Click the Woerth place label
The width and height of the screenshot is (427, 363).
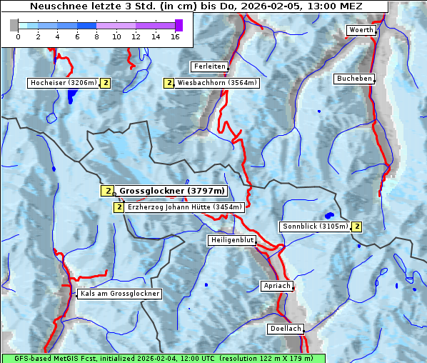coord(360,30)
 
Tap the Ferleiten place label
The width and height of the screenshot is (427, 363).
coord(209,66)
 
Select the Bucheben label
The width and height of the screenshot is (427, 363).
coord(354,79)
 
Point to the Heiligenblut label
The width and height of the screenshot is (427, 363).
coord(232,240)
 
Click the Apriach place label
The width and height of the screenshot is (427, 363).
coord(276,286)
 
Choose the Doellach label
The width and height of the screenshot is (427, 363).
coord(285,329)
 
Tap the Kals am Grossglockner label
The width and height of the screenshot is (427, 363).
coord(119,294)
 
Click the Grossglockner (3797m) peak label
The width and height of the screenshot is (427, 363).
coord(172,191)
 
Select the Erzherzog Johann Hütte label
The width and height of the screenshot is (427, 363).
coord(185,207)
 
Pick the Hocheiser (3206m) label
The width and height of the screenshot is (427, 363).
coord(63,83)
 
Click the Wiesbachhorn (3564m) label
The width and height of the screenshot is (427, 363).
coord(217,83)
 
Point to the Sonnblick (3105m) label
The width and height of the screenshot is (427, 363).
coord(315,227)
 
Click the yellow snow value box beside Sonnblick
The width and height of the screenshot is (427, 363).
coord(357,227)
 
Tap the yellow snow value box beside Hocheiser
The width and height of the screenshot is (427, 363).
coord(106,83)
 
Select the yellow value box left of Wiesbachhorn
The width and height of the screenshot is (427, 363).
coord(169,83)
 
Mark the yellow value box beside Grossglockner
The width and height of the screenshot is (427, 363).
coord(107,191)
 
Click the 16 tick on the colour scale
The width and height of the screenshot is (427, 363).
coord(176,36)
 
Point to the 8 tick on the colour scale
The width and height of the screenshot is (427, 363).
coord(97,36)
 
